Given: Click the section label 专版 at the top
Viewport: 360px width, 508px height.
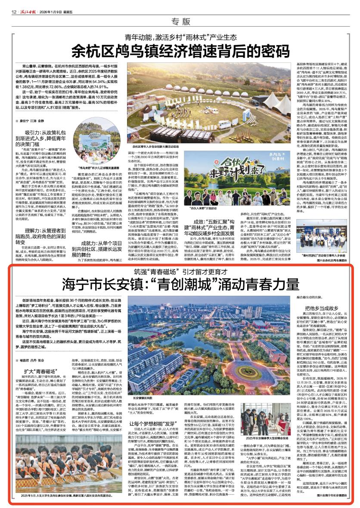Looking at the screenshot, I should tap(180, 22).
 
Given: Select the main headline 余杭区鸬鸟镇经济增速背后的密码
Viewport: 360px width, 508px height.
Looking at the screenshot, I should tap(180, 50).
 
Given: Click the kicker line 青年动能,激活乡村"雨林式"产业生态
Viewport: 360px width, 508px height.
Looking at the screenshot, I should tap(180, 37).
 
